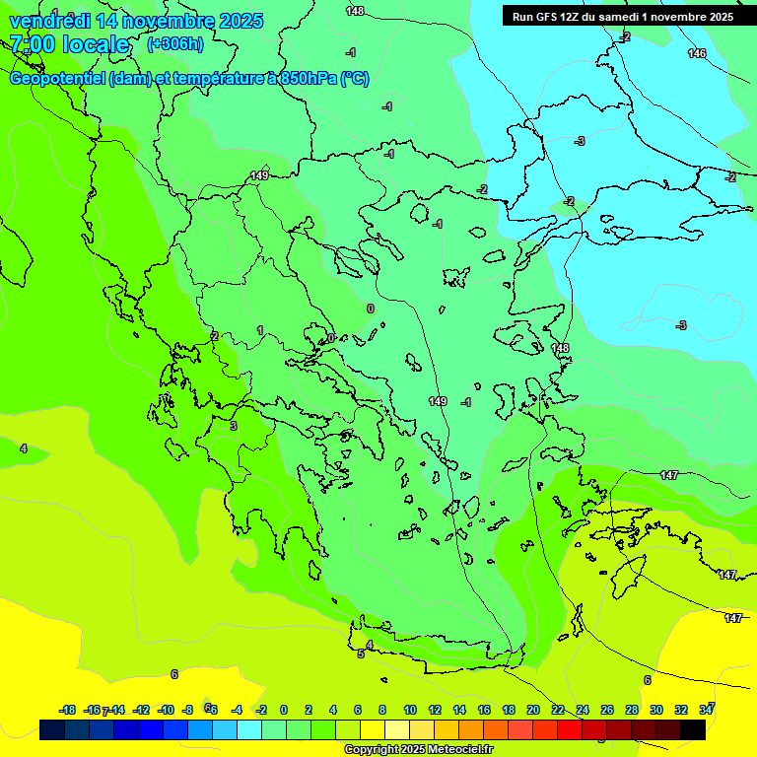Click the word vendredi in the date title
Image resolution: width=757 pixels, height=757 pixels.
coord(49,21)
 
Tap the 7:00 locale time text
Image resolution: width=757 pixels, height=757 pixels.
coord(69,44)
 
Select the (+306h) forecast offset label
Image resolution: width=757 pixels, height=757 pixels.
coord(175,44)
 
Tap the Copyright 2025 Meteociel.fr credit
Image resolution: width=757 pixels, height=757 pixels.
coord(418,750)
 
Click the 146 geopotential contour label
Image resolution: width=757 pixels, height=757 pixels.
coord(697,53)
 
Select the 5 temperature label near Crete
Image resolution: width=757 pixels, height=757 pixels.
coord(361,654)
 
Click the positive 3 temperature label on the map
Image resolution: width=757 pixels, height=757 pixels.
coord(234,426)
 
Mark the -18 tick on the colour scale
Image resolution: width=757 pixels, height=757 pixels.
coord(68,710)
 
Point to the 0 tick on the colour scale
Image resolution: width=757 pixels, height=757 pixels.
coord(283,710)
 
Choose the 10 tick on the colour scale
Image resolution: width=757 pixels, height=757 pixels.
coord(409,710)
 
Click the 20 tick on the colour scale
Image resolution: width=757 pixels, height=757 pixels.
coord(533,710)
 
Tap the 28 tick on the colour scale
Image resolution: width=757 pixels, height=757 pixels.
coord(632,710)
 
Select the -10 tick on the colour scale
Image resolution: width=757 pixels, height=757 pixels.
coord(167,710)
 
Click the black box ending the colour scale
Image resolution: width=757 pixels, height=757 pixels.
coord(693,730)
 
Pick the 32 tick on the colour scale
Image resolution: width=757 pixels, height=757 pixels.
coord(681,710)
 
